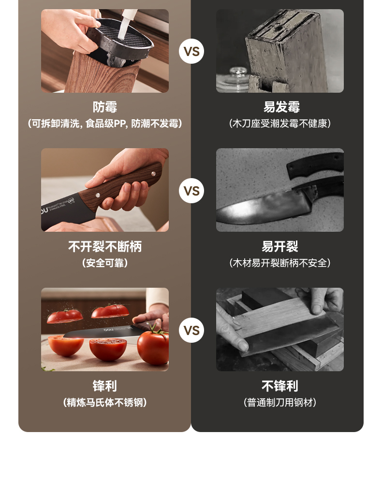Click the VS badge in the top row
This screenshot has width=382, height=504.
point(191,52)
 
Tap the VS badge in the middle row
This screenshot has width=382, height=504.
point(191,191)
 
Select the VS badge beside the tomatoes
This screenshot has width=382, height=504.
point(191,330)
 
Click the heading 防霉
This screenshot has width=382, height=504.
point(104,107)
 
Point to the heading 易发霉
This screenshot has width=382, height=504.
point(281,107)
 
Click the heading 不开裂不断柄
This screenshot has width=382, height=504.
point(104,247)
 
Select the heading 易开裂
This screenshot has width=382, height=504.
point(279,247)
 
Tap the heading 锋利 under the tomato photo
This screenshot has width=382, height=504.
point(104,386)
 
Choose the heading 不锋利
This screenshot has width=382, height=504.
point(279,386)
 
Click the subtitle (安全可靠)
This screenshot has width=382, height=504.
point(104,263)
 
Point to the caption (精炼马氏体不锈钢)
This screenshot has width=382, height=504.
point(104,402)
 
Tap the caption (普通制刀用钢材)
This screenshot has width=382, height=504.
point(279,402)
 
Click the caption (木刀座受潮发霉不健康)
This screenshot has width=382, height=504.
point(279,124)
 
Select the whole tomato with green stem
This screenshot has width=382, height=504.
point(153,347)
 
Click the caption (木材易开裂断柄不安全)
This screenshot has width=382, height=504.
point(279,263)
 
